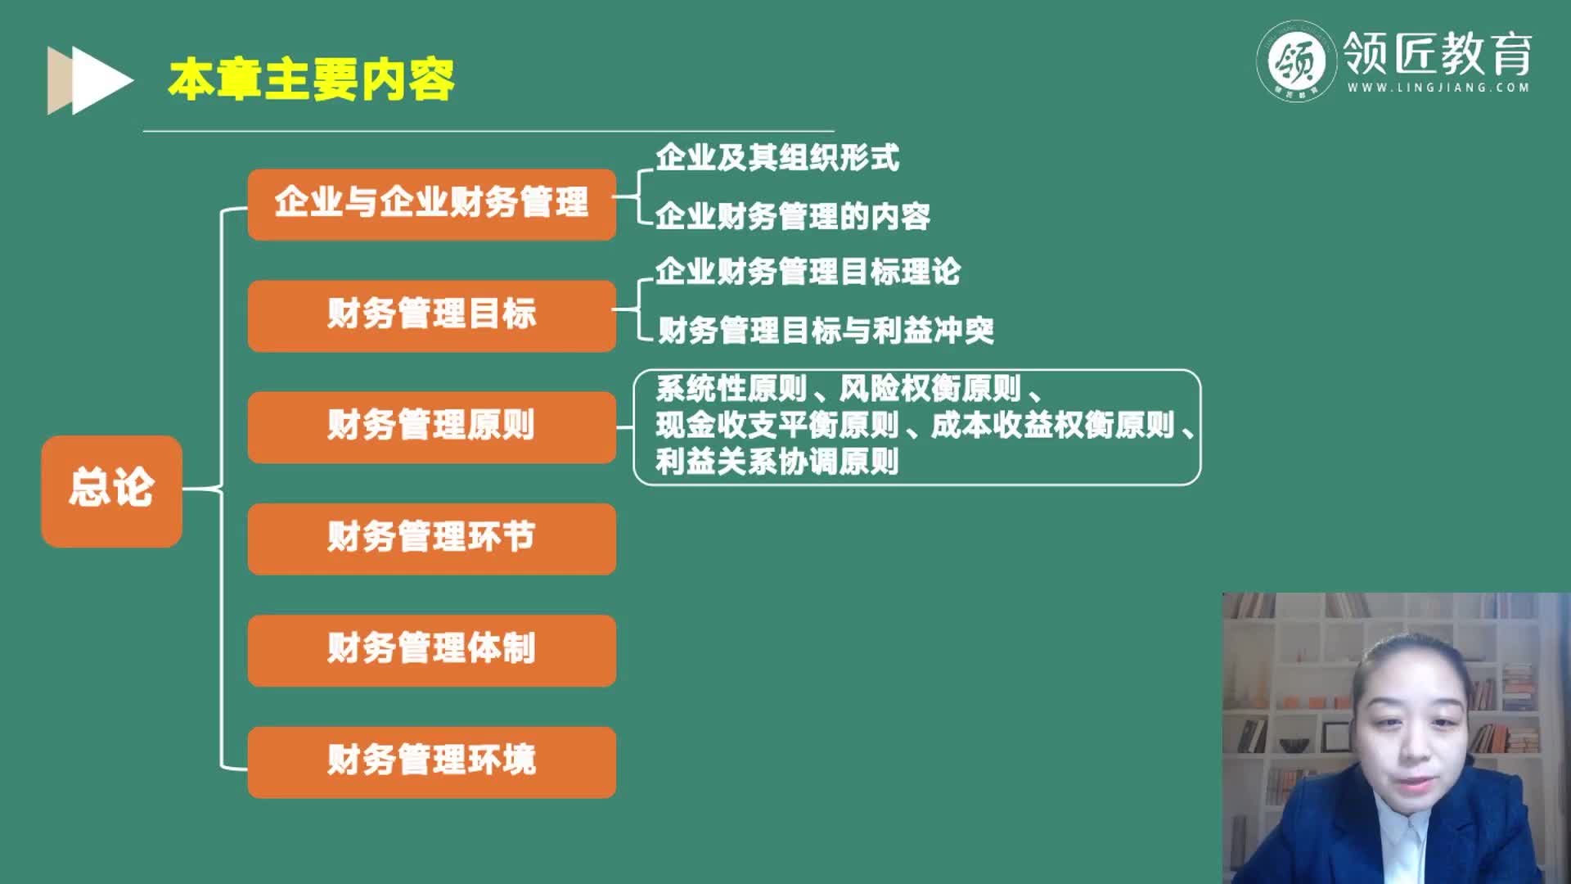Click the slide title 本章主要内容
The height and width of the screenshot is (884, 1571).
pos(311,79)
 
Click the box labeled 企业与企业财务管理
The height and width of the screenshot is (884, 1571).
pos(431,204)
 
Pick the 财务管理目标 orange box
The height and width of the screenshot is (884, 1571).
pos(431,316)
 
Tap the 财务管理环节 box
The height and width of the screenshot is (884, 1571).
pos(431,539)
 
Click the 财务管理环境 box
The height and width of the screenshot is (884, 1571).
pos(431,762)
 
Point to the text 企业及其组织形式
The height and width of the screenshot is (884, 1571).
pos(776,157)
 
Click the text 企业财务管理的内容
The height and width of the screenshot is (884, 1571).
pos(792,216)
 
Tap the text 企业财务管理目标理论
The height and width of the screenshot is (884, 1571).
pos(808,272)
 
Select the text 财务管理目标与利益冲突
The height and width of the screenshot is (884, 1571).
pos(826,331)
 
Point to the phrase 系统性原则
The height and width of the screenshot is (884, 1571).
pos(731,389)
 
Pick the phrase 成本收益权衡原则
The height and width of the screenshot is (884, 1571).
pos(1052,426)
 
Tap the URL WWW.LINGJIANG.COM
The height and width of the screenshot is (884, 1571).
pos(1438,88)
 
